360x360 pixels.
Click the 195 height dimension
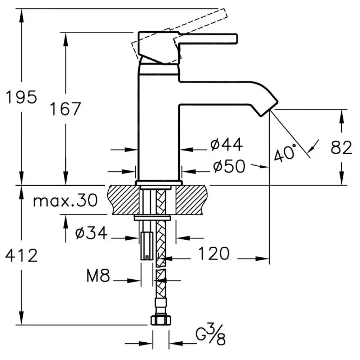click(21, 97)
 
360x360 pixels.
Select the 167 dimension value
click(65, 109)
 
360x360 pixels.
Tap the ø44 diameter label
click(226, 145)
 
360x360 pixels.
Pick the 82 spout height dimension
click(341, 148)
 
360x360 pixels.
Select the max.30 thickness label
click(65, 201)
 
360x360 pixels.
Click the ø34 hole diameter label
click(91, 234)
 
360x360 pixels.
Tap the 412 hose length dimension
click(21, 256)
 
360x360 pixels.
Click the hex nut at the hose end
click(159, 319)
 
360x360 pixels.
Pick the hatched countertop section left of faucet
click(122, 200)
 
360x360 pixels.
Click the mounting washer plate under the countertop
click(152, 217)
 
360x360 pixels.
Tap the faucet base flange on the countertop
click(159, 183)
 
